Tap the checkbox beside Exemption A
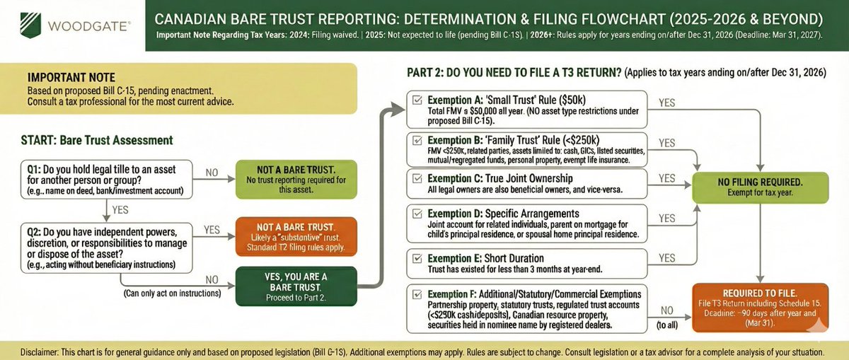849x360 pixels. pos(417,100)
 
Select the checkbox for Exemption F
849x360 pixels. pos(417,294)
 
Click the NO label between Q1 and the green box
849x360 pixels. pos(211,172)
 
